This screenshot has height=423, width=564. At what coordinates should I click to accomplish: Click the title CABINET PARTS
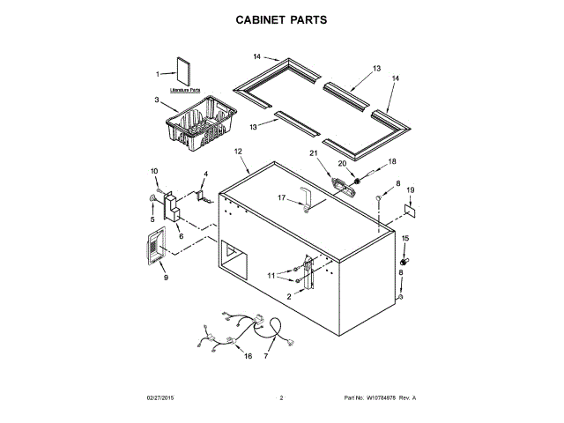click(281, 19)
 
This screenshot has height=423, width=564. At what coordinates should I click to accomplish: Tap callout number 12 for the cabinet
click(238, 152)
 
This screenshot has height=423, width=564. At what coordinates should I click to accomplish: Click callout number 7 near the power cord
click(266, 356)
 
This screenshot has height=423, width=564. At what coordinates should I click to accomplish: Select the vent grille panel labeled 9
click(154, 245)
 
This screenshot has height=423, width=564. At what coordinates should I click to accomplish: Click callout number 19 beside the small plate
click(409, 190)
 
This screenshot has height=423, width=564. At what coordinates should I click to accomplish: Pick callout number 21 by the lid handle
click(337, 155)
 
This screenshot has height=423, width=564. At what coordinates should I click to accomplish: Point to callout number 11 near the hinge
click(272, 276)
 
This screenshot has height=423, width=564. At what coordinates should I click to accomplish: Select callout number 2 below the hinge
click(287, 297)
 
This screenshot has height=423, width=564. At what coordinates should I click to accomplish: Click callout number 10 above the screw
click(153, 171)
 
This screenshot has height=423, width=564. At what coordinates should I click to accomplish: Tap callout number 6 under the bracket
click(181, 235)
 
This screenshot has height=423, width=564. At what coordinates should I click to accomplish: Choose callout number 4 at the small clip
click(205, 174)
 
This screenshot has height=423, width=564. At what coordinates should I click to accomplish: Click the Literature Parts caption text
click(184, 90)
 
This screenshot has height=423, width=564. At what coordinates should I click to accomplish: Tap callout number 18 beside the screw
click(393, 161)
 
